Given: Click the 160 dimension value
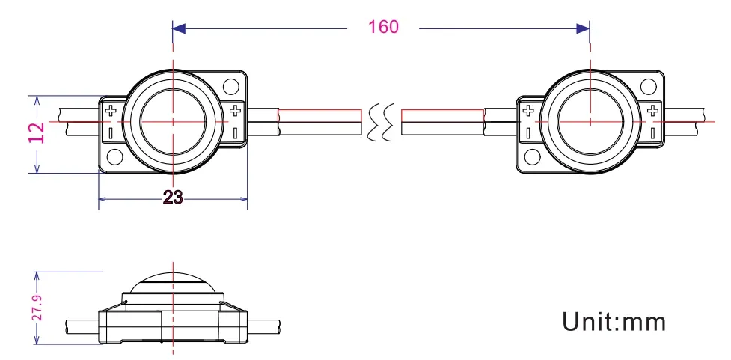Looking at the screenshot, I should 383,27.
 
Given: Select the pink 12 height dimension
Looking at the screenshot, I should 37,133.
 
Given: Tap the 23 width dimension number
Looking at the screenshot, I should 173,198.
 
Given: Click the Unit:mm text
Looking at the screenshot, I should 614,322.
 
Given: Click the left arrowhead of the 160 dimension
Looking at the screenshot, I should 179,28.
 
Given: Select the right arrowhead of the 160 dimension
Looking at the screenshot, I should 584,28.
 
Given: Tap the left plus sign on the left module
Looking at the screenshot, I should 111,112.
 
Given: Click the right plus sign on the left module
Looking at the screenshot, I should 236,112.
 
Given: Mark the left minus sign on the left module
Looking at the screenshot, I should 111,132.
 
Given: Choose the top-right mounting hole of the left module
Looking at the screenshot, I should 233,85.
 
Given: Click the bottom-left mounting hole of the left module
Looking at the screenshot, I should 114,157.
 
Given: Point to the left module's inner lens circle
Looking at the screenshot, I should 173,120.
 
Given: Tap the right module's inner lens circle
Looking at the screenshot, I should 590,120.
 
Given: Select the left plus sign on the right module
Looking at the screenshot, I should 528,112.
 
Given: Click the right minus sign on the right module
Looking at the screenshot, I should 653,132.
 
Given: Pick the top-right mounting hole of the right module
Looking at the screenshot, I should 650,85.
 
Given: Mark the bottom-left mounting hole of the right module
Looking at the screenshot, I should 532,157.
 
